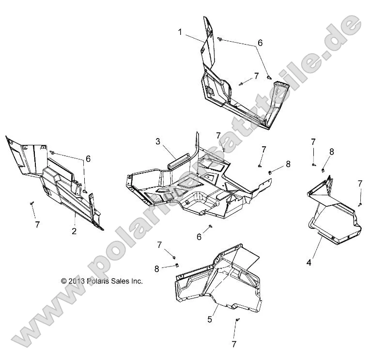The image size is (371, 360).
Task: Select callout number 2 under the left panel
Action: coord(74,231)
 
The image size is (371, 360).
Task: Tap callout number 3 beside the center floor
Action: coord(157,141)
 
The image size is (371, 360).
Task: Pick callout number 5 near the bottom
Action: coord(210,319)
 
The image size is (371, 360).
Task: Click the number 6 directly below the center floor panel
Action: coord(199,236)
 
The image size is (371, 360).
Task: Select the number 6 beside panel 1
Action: coord(260,43)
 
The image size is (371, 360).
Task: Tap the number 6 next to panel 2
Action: coord(88,158)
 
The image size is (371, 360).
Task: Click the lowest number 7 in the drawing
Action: coord(234,344)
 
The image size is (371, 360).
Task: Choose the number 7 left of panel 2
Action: coord(37,224)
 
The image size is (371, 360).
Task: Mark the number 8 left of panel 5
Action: coord(156,268)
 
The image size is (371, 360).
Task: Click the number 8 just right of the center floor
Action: coord(288,164)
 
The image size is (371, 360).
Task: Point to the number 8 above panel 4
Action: coord(332,152)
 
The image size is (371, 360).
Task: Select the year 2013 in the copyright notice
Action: coord(77,281)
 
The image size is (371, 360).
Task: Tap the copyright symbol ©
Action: coord(63,281)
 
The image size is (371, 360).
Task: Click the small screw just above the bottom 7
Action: coord(237,320)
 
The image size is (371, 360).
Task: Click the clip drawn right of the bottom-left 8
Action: coord(177,265)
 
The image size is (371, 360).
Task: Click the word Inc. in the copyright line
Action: coord(136,281)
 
